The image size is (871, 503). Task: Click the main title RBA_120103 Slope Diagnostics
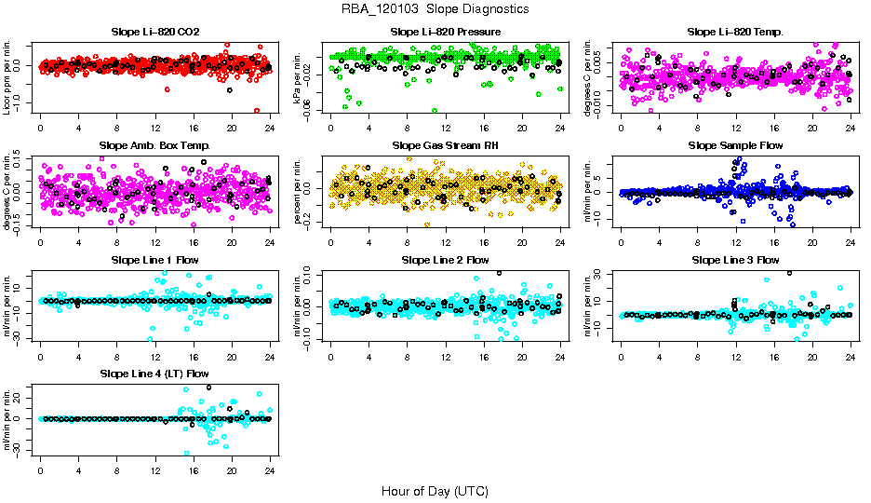click(x=435, y=8)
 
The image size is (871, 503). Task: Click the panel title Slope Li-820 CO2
click(x=154, y=32)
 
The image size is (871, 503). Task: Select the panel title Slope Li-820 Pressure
click(x=445, y=32)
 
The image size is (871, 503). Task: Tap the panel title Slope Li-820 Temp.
click(x=735, y=32)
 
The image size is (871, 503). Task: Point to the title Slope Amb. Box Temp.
click(x=154, y=145)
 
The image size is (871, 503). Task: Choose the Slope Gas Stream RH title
click(x=445, y=145)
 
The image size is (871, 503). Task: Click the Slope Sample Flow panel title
click(x=735, y=145)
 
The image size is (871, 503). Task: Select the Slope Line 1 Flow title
click(x=154, y=259)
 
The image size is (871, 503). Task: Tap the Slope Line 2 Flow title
click(x=445, y=259)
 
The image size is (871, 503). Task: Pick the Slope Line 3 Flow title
click(x=735, y=259)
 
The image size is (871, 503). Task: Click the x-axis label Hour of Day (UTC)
click(x=435, y=490)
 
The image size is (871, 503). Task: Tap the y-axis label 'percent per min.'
click(x=299, y=190)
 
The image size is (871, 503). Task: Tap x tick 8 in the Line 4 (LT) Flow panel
click(x=116, y=469)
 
